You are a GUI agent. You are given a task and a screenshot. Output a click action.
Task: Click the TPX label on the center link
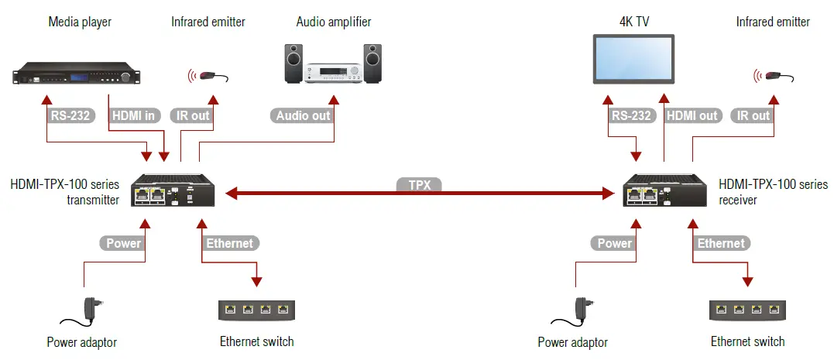point(419,185)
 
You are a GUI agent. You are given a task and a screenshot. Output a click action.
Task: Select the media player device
point(78,75)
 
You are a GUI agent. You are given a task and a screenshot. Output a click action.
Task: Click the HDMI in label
point(134,115)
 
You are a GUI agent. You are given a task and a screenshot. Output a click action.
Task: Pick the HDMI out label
point(692,115)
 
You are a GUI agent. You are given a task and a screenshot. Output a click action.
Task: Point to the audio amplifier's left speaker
point(294,64)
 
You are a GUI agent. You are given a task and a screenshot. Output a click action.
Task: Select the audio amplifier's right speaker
point(372,64)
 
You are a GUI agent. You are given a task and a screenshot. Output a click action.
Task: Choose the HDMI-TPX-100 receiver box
point(663,190)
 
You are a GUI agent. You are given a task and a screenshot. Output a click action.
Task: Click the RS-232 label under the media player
point(70,115)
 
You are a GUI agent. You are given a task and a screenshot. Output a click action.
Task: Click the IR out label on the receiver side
point(753,115)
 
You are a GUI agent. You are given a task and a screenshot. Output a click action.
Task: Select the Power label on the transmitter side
point(124,243)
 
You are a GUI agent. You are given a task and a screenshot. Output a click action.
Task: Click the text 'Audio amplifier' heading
point(333,22)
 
